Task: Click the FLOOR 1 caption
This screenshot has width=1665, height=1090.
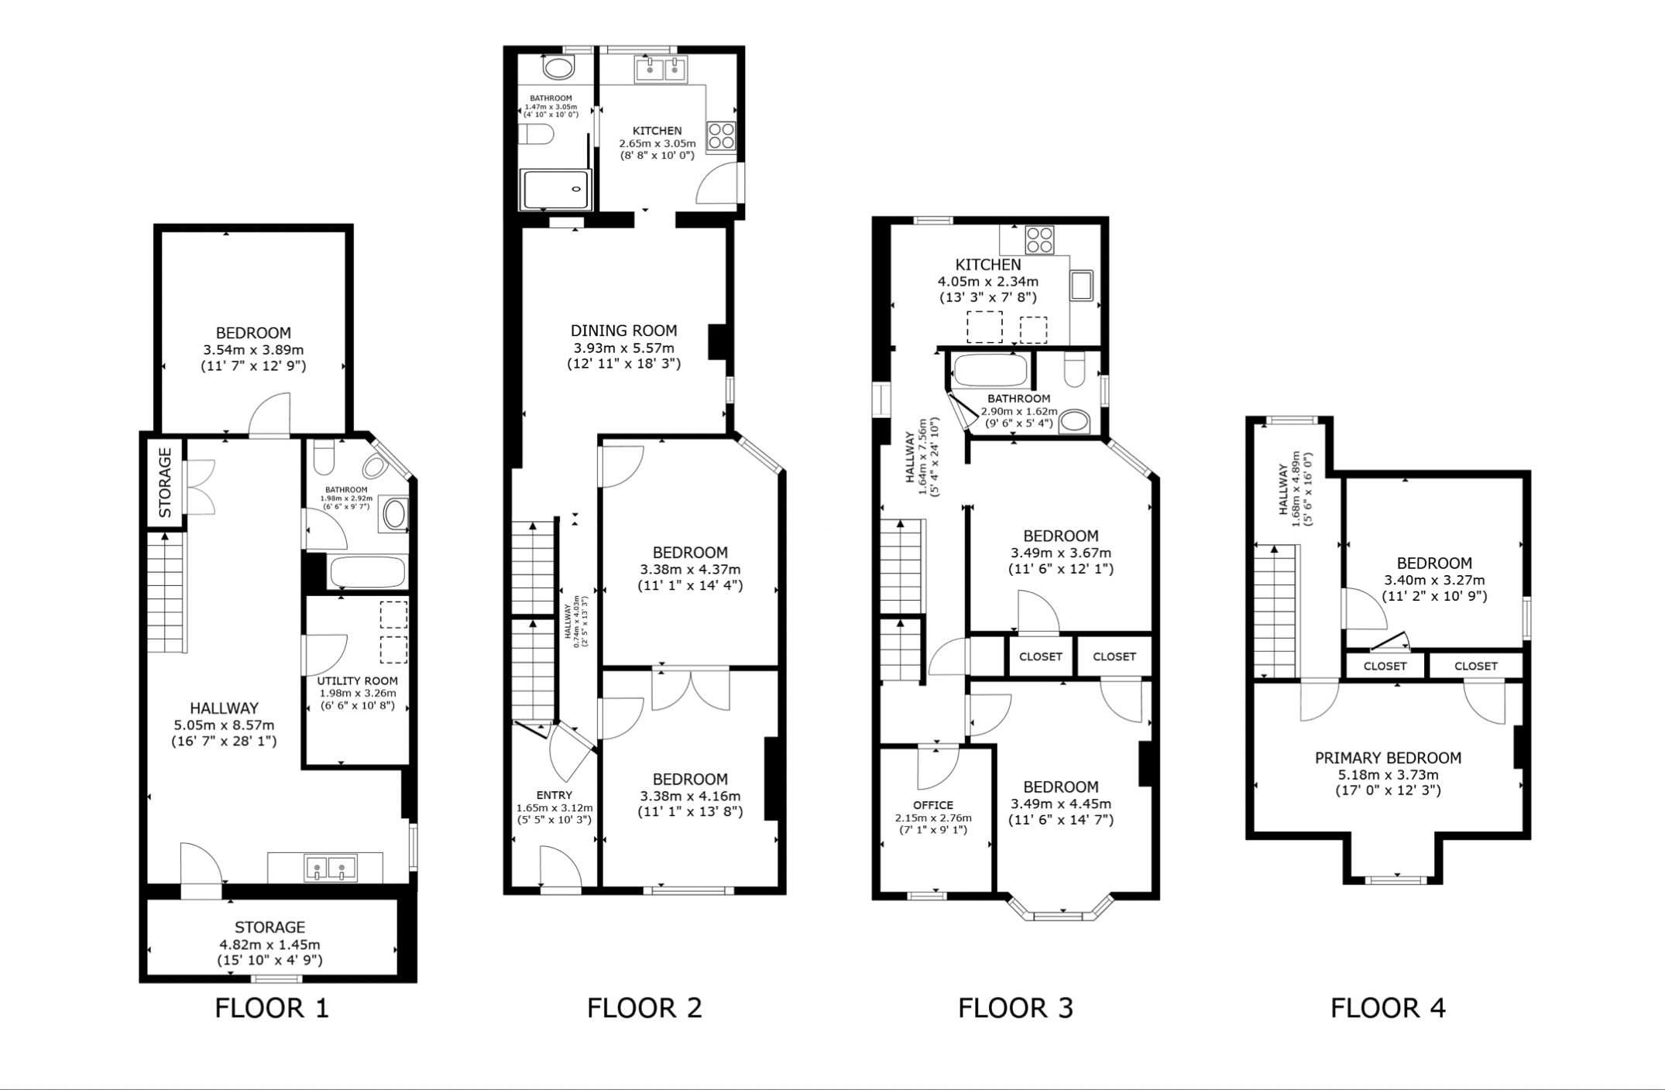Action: point(272,1008)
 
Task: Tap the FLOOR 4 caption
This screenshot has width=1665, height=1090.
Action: point(1388,1008)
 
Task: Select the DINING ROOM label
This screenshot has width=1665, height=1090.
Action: point(624,331)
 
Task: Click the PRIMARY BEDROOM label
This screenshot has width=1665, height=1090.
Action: point(1388,758)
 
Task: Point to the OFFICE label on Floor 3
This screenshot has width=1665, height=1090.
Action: point(933,805)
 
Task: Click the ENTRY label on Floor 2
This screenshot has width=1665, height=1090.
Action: point(554,795)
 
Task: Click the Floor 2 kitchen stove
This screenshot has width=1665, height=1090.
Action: point(721,136)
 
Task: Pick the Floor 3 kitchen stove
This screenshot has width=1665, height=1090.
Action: point(1038,239)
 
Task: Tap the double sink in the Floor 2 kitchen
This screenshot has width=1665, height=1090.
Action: point(661,70)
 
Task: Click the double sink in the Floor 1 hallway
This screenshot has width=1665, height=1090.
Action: point(331,868)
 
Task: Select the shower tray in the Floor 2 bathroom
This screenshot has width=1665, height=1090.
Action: point(557,190)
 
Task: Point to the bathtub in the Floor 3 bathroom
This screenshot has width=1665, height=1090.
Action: point(990,369)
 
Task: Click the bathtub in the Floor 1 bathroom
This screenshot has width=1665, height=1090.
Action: point(367,573)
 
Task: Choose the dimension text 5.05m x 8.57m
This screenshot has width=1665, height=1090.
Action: point(224,725)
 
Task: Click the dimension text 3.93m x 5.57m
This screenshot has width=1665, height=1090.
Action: point(624,348)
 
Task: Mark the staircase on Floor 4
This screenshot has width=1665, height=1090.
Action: point(1275,612)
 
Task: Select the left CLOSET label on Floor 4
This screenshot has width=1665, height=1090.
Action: point(1385,666)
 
